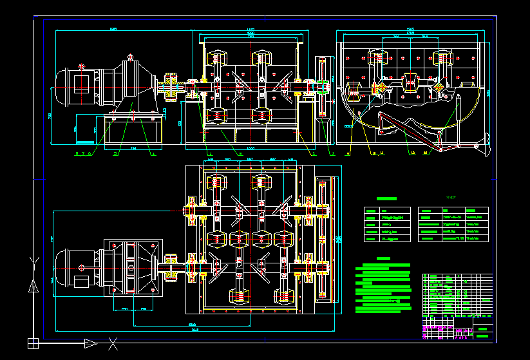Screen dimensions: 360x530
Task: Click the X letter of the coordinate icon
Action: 113,343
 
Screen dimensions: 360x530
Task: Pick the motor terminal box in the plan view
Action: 81,281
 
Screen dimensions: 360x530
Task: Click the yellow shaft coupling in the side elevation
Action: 171,87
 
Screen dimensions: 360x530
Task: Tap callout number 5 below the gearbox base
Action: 116,153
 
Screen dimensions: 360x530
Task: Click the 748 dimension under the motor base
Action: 133,148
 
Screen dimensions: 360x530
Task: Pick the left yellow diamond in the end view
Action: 382,88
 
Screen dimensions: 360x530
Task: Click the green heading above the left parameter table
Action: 386,200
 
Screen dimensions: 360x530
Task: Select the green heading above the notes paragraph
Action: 383,258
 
